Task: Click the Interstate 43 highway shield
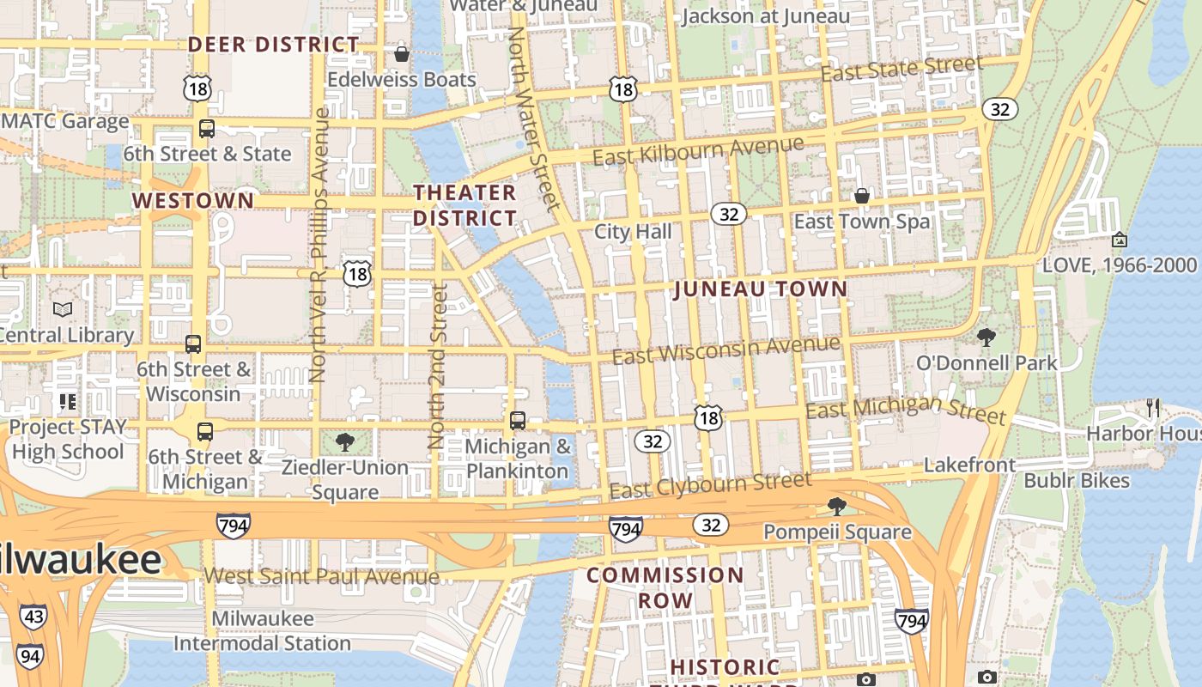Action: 33,617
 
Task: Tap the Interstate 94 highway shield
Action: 28,657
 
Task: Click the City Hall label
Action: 633,232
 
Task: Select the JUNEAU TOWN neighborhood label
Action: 761,289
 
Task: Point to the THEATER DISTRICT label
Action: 464,205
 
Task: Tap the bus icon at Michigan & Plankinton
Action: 518,421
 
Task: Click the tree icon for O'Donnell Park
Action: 986,337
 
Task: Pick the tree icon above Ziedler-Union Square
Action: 345,442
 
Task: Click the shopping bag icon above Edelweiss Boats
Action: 401,55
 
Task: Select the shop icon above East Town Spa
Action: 862,197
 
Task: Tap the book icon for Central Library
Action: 63,309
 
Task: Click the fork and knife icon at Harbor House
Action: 1152,408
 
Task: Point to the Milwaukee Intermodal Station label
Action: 262,631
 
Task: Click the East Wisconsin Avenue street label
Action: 725,349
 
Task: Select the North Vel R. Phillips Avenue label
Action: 319,245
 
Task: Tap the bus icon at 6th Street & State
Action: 207,129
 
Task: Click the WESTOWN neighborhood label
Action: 192,201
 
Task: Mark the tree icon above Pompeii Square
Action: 836,507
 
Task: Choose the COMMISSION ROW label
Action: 665,587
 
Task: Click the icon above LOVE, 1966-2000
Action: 1119,240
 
